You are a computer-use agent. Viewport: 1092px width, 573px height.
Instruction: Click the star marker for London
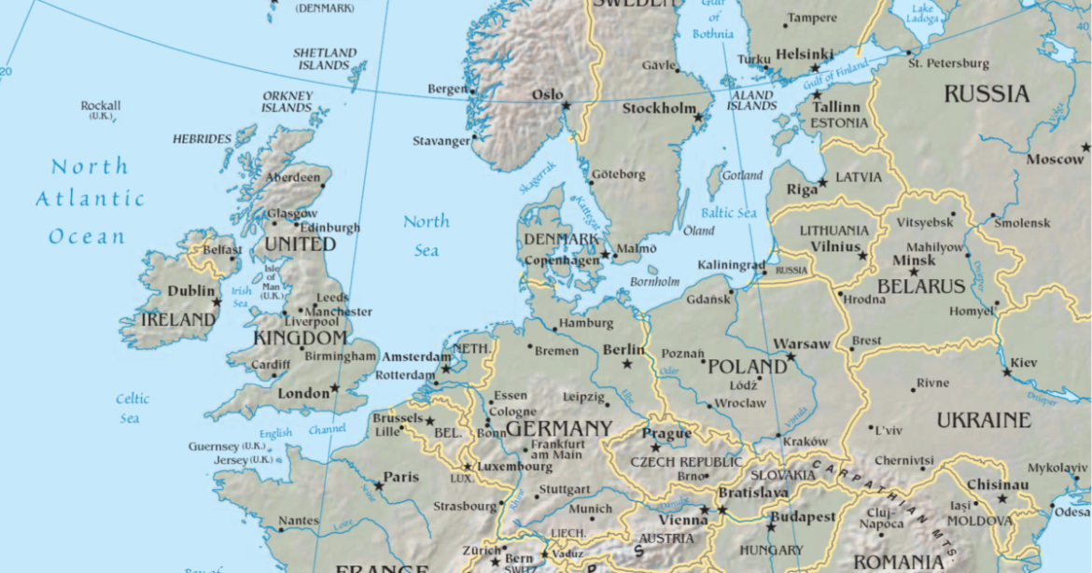click(x=335, y=388)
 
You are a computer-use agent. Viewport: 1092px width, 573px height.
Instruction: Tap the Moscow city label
click(x=1055, y=160)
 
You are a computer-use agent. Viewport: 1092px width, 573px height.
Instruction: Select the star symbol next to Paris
click(x=379, y=485)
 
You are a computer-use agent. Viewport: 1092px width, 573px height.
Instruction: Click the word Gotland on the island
click(x=742, y=175)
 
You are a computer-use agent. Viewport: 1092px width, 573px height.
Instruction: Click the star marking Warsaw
click(x=791, y=356)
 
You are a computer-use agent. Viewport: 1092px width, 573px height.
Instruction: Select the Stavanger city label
click(x=441, y=141)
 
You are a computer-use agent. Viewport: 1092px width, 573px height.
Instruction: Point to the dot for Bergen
click(x=473, y=91)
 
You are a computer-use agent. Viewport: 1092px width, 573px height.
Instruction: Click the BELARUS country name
click(x=920, y=286)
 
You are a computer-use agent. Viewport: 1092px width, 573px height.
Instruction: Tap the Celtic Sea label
click(x=132, y=409)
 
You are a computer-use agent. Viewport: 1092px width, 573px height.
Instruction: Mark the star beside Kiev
click(x=1007, y=372)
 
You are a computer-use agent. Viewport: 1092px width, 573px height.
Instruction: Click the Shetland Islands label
click(x=324, y=59)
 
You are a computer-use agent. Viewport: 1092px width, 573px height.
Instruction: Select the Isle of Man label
click(x=272, y=282)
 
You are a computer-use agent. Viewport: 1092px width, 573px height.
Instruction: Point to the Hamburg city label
click(x=586, y=324)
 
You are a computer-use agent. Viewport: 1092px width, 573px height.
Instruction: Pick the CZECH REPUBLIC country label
click(x=686, y=462)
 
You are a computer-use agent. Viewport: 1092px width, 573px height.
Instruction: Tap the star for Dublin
click(x=217, y=301)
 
